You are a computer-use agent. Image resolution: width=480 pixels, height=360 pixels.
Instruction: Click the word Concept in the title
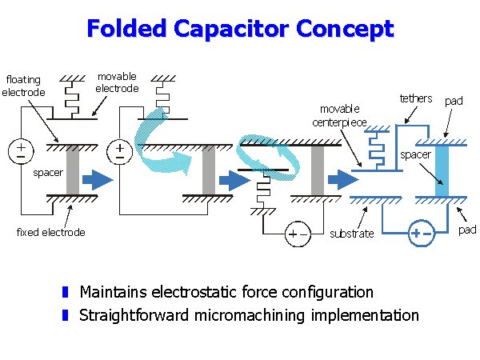pyautogui.click(x=346, y=29)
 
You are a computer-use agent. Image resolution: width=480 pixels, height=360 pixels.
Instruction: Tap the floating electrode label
pyautogui.click(x=24, y=86)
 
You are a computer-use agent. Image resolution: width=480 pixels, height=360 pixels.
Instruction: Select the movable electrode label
pyautogui.click(x=117, y=82)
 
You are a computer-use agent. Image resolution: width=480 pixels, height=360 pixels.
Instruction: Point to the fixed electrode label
pyautogui.click(x=51, y=233)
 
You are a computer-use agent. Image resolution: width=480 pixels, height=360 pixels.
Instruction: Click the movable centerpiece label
pyautogui.click(x=339, y=115)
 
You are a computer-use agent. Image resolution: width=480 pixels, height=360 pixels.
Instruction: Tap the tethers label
pyautogui.click(x=415, y=98)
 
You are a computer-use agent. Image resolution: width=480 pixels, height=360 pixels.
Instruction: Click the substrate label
pyautogui.click(x=352, y=234)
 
